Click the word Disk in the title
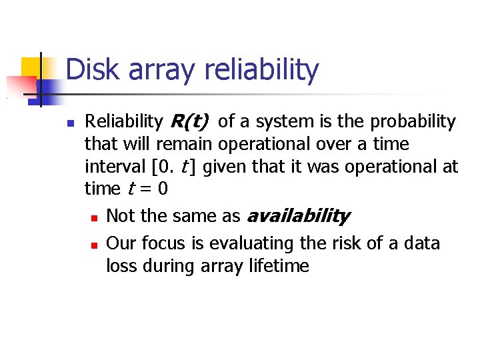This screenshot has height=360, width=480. pyautogui.click(x=91, y=70)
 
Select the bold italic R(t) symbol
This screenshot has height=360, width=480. pyautogui.click(x=190, y=121)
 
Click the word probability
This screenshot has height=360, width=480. pyautogui.click(x=413, y=121)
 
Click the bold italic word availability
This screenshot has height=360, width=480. pyautogui.click(x=298, y=216)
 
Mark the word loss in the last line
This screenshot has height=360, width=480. pyautogui.click(x=121, y=266)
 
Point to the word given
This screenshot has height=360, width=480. pyautogui.click(x=229, y=167)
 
